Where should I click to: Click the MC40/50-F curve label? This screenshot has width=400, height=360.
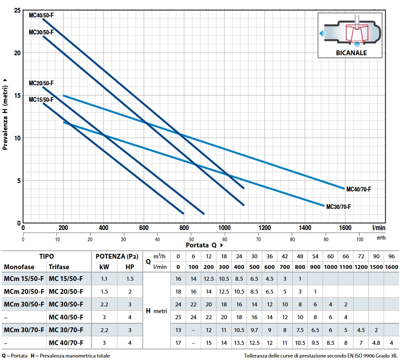[41, 15]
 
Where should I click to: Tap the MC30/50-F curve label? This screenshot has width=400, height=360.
[41, 32]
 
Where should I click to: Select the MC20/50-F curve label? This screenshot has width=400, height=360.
[41, 83]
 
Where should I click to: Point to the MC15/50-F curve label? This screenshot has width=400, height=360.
[41, 100]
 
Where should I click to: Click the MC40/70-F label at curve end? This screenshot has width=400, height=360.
[359, 189]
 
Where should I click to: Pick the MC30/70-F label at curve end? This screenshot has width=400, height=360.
[339, 207]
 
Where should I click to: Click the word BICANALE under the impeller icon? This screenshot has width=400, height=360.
[351, 53]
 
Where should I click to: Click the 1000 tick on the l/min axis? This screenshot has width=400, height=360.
[224, 228]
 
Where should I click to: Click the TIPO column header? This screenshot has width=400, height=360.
[46, 257]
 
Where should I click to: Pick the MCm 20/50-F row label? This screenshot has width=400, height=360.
[24, 291]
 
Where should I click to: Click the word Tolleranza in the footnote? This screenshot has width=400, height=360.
[257, 356]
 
